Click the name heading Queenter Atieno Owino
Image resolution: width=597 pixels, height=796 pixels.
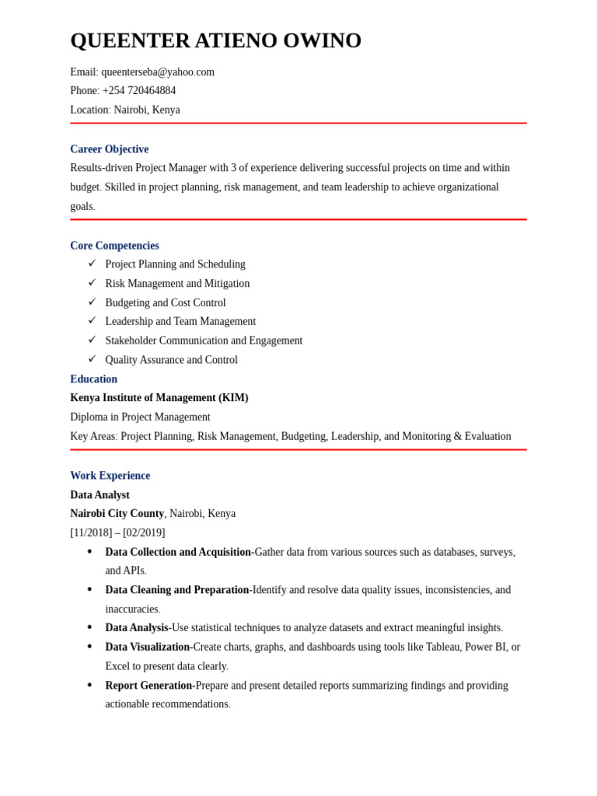(215, 40)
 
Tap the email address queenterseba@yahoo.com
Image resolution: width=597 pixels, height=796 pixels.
(158, 72)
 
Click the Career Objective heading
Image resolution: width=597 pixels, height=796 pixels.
(109, 149)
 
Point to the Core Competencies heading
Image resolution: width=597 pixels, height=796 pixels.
(114, 246)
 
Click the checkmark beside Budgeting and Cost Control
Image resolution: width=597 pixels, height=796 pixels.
(92, 302)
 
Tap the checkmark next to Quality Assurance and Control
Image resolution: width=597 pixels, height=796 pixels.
(92, 359)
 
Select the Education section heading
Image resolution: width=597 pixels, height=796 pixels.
(93, 379)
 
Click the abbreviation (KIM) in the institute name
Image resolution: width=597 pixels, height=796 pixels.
(233, 398)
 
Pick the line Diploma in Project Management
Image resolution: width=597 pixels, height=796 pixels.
(140, 417)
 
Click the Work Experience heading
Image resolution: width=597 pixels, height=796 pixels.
(110, 476)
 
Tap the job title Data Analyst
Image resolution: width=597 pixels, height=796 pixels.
(99, 495)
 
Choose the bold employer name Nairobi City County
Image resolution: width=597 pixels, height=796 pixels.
(117, 514)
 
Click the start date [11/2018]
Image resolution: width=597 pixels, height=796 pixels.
(91, 533)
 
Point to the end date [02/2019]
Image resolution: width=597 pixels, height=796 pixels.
(144, 533)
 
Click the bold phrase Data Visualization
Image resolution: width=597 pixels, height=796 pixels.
(147, 647)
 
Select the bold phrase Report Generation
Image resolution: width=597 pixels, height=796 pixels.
(148, 686)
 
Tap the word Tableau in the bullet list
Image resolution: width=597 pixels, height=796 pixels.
(442, 647)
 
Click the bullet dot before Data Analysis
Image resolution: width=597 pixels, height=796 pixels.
(89, 627)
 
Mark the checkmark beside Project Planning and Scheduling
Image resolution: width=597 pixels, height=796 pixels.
(92, 264)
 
